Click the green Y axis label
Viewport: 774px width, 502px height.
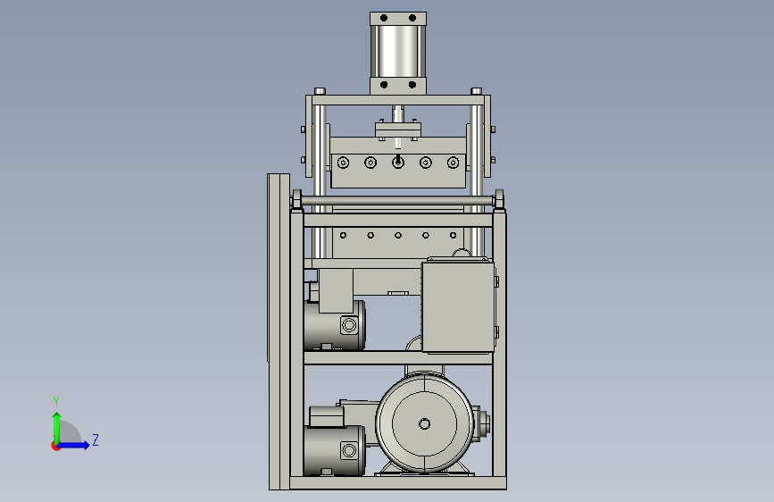coord(56,401)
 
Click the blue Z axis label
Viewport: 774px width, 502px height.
coord(96,439)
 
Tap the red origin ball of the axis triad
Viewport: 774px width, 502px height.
coord(55,446)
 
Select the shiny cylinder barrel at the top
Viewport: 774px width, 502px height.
coord(398,52)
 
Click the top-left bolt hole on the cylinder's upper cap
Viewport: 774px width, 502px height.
coord(384,18)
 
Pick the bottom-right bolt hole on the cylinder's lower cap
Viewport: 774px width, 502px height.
coord(412,85)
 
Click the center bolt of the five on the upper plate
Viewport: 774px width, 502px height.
coord(398,162)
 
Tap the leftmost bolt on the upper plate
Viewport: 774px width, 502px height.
coord(343,163)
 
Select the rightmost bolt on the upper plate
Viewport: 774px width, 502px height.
coord(453,163)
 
